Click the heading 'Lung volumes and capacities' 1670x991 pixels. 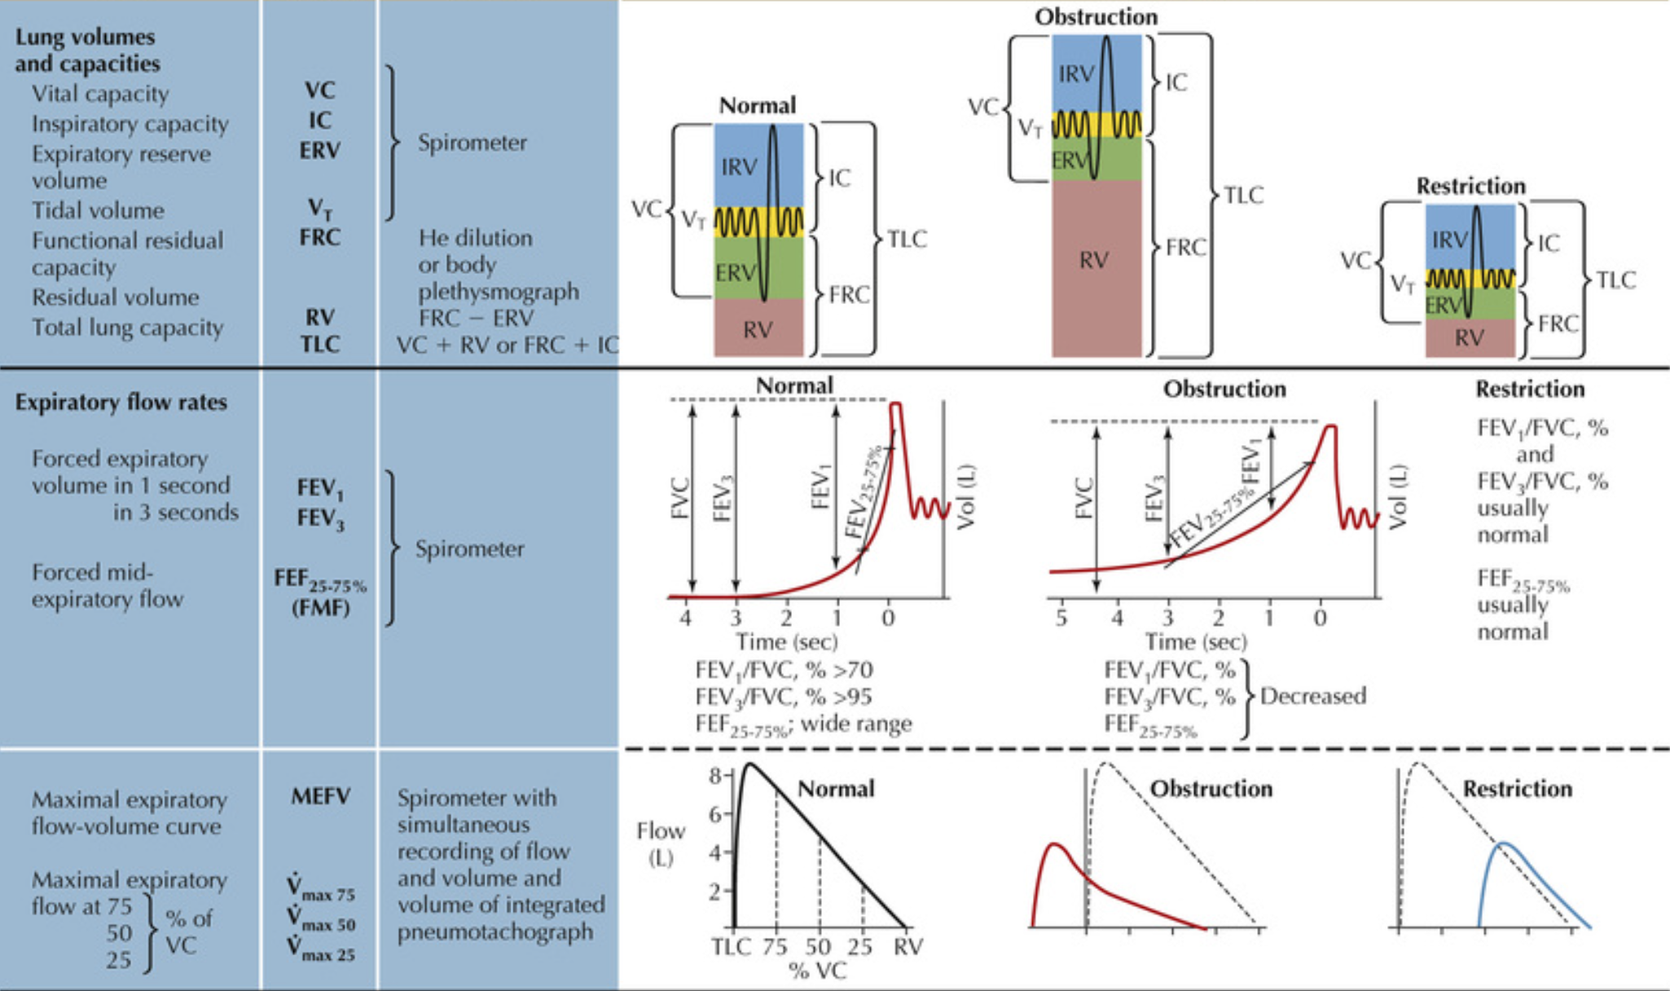86,50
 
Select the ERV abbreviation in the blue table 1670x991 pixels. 319,151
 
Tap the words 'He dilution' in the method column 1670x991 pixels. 475,238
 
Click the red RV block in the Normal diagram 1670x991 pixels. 758,328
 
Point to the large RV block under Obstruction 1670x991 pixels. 1095,261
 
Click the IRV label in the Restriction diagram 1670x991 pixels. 1450,240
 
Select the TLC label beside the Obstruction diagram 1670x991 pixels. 1243,196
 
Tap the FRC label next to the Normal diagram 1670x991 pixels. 849,294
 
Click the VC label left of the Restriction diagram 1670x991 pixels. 1356,261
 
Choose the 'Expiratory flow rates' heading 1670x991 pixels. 121,403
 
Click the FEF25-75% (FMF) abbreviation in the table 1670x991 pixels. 320,592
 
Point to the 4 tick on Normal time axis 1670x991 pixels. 686,619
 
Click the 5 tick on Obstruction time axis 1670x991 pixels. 1061,619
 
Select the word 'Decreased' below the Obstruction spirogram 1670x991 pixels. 1313,696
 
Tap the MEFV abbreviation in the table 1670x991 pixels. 320,796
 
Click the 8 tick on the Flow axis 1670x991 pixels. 715,775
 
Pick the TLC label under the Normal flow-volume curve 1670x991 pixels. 731,947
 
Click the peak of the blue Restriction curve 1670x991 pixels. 1504,843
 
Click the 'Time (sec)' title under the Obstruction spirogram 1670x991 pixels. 1196,642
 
